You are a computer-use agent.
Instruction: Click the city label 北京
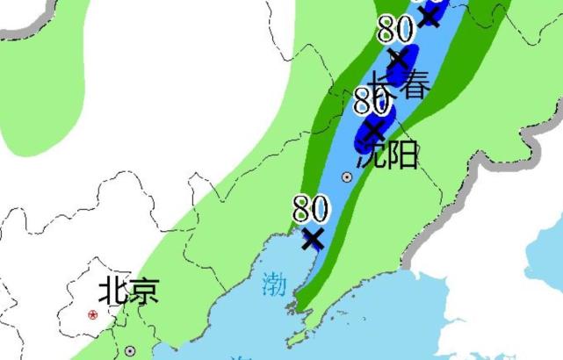coord(128,290)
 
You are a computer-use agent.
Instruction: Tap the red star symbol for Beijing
coord(92,314)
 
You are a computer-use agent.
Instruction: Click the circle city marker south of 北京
coord(130,351)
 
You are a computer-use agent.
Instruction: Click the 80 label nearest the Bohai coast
coord(310,209)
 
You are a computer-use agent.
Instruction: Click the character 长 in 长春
coord(382,86)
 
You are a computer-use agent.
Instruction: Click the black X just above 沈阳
coord(374,131)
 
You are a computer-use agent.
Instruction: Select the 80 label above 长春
coord(395,30)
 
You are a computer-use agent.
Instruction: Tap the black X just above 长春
coord(398,60)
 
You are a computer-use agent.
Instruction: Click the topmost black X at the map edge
coord(429,14)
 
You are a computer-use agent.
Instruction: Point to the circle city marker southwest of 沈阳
coord(347,176)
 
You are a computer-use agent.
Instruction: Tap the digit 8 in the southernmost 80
coord(301,209)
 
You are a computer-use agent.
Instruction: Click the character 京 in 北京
coord(143,290)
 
